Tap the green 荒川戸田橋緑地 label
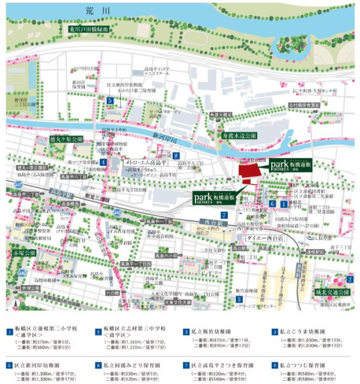[90, 29]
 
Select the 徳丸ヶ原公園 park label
[67, 139]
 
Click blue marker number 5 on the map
[111, 100]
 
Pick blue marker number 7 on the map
[225, 214]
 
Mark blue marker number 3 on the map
[239, 299]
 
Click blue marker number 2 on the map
[350, 279]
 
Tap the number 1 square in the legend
[10, 332]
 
